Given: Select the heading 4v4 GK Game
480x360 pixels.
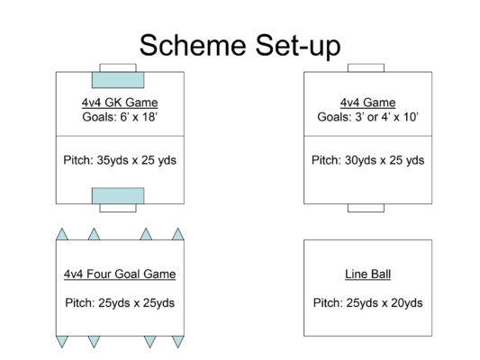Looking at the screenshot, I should pyautogui.click(x=120, y=103).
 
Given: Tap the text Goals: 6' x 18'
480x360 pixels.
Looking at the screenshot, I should pyautogui.click(x=120, y=116).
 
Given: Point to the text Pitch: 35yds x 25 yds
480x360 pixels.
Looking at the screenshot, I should pyautogui.click(x=120, y=160).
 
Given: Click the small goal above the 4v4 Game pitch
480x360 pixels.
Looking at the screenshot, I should pyautogui.click(x=366, y=68).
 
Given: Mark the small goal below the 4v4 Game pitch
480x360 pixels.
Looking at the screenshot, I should pyautogui.click(x=366, y=208).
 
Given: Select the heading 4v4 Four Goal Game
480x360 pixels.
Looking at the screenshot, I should pyautogui.click(x=120, y=274).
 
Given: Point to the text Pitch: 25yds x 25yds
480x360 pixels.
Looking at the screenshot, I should pyautogui.click(x=120, y=302).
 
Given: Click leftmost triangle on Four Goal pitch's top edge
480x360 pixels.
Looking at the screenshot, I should pyautogui.click(x=62, y=234).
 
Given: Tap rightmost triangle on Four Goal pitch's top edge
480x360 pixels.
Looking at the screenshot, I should pyautogui.click(x=177, y=234).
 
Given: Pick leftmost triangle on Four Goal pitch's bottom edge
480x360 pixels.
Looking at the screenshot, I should pyautogui.click(x=62, y=342).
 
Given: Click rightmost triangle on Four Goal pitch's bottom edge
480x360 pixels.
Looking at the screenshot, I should pyautogui.click(x=177, y=342).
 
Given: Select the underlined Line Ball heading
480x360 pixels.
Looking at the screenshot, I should pyautogui.click(x=367, y=274).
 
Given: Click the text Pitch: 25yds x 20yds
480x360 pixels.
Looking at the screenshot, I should pyautogui.click(x=367, y=302).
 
